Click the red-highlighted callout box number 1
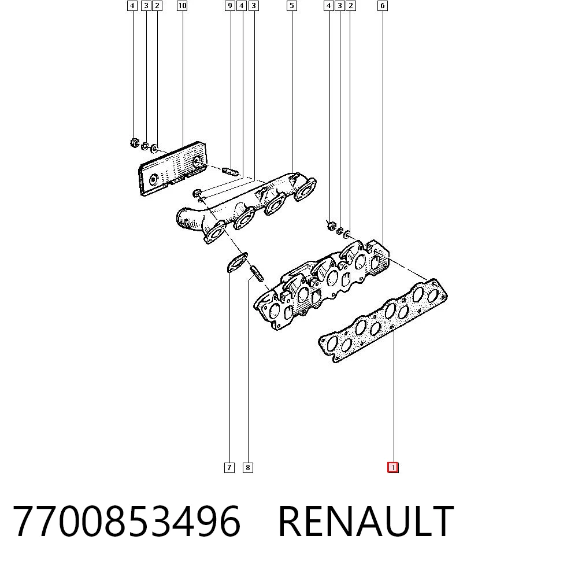[x=393, y=468]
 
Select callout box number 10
[x=182, y=6]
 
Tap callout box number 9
[x=230, y=6]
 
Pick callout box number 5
[x=291, y=6]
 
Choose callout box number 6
[x=383, y=6]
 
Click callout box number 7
[x=229, y=468]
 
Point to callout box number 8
[x=248, y=468]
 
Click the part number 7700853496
[x=127, y=520]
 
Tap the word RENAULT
[x=366, y=520]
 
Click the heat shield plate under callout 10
[x=172, y=169]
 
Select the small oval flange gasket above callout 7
[x=237, y=262]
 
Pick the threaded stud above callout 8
[x=257, y=274]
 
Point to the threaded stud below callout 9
[x=231, y=172]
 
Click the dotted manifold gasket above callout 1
[x=383, y=320]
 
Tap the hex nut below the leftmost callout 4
[x=135, y=142]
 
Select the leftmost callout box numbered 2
[x=157, y=6]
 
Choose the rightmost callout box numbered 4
[x=329, y=6]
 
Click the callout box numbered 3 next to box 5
[x=253, y=6]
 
